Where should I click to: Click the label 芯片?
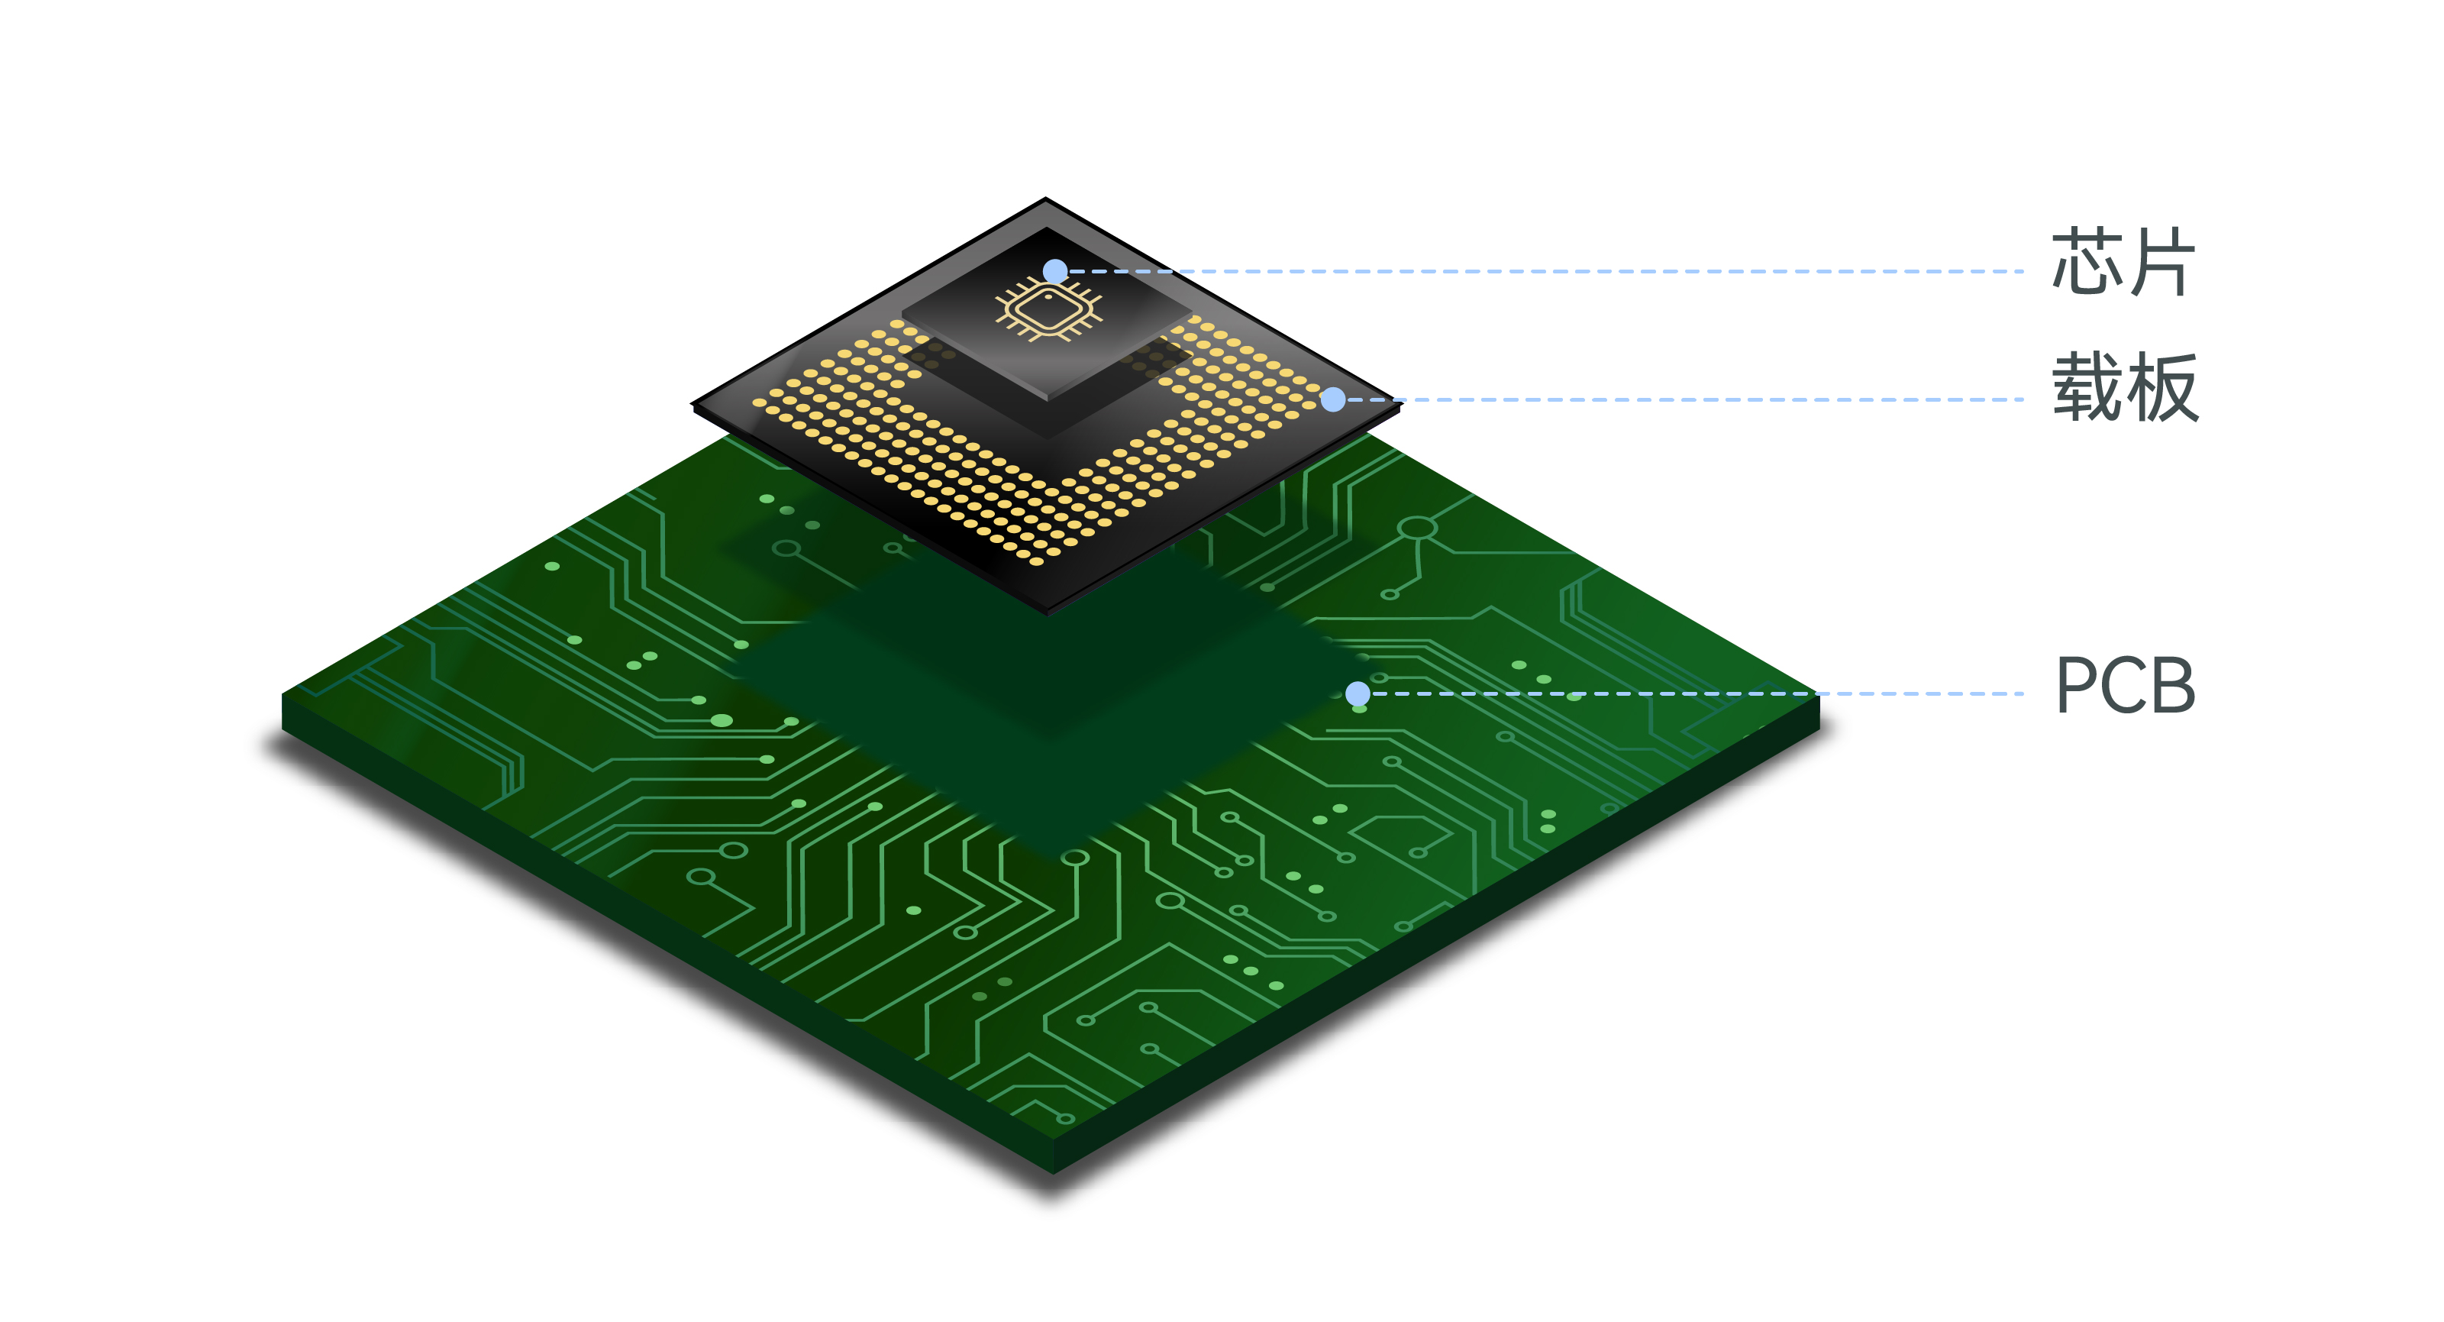click(x=2123, y=262)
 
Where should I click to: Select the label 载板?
click(x=2125, y=386)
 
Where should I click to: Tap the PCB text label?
click(x=2125, y=685)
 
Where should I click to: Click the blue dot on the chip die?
click(x=1055, y=271)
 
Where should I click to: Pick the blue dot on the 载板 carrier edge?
click(x=1333, y=399)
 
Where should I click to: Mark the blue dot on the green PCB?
click(x=1358, y=693)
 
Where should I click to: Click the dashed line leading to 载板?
click(x=1685, y=399)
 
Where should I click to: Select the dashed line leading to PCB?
click(x=1697, y=693)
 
